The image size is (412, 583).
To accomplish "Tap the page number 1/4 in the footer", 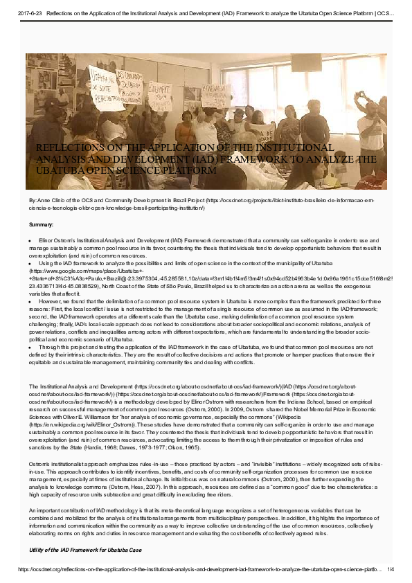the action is [391, 569].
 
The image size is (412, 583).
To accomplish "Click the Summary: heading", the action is [41, 225].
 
